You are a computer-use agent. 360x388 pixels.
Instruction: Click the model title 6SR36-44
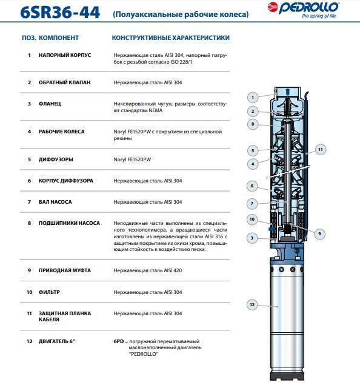pos(60,12)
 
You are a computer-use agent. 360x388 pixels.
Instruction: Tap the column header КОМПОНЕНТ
pos(59,38)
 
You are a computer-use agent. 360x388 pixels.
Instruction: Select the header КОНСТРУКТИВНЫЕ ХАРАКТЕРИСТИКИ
pos(171,38)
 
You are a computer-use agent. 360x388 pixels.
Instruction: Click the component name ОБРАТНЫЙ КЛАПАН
pos(65,82)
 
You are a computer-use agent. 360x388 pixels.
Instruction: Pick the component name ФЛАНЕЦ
pos(50,104)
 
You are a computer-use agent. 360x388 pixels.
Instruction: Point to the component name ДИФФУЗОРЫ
pos(56,159)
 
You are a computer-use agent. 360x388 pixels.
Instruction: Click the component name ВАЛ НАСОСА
pos(55,202)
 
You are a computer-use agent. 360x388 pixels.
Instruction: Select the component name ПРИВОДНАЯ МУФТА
pos(65,270)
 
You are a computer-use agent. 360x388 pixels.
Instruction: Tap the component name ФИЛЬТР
pos(49,292)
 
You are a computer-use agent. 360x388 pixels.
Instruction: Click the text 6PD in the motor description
pos(119,341)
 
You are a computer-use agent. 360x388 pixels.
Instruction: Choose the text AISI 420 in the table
pos(173,270)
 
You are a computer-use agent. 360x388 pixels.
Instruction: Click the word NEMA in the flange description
pos(155,110)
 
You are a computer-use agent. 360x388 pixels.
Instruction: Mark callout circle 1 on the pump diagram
pos(253,97)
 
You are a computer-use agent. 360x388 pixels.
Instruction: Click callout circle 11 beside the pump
pos(321,150)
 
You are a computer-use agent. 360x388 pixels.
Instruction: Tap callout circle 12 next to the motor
pos(252,304)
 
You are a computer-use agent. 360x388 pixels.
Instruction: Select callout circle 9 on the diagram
pos(319,233)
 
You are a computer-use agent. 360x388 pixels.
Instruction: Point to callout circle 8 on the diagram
pos(253,124)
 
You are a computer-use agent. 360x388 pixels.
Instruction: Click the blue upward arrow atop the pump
pos(287,92)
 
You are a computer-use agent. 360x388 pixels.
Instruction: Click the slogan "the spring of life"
pos(319,16)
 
